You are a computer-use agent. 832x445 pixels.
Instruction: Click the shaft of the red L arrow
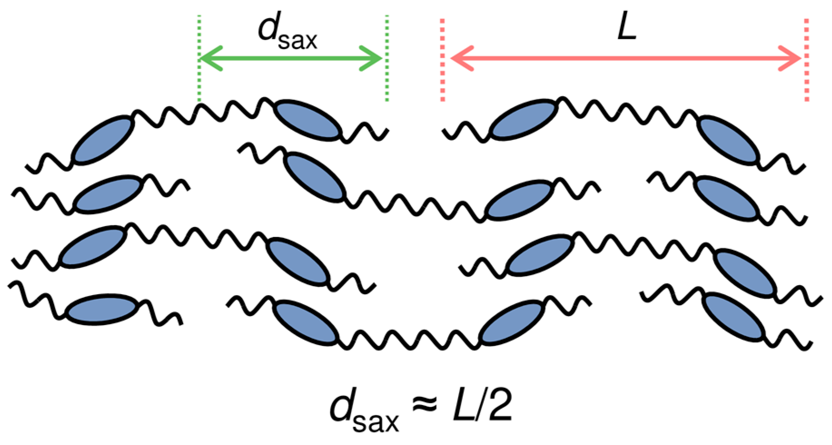click(626, 59)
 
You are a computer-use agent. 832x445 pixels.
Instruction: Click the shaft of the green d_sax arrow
click(290, 59)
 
